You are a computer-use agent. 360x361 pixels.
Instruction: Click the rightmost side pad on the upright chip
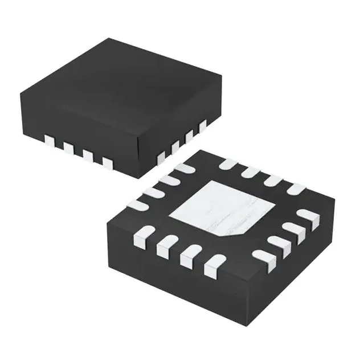point(202,125)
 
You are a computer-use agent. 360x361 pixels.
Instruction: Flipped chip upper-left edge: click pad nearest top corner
point(182,169)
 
